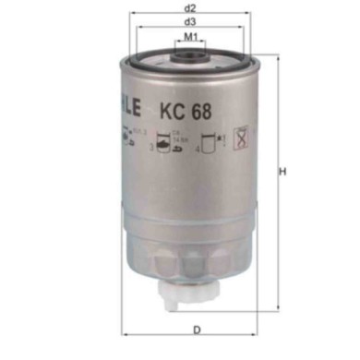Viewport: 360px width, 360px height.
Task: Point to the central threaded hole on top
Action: point(190,58)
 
